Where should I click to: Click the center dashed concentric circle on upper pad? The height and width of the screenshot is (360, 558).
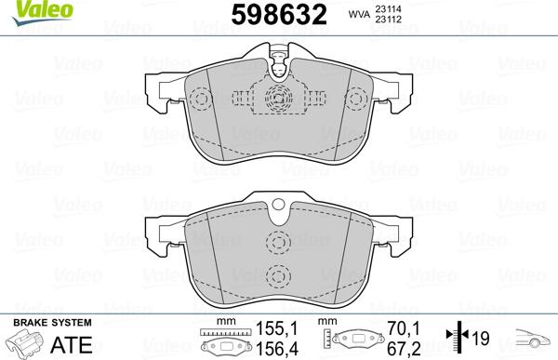coord(276,100)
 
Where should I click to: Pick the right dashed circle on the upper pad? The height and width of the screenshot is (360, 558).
coord(309,100)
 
